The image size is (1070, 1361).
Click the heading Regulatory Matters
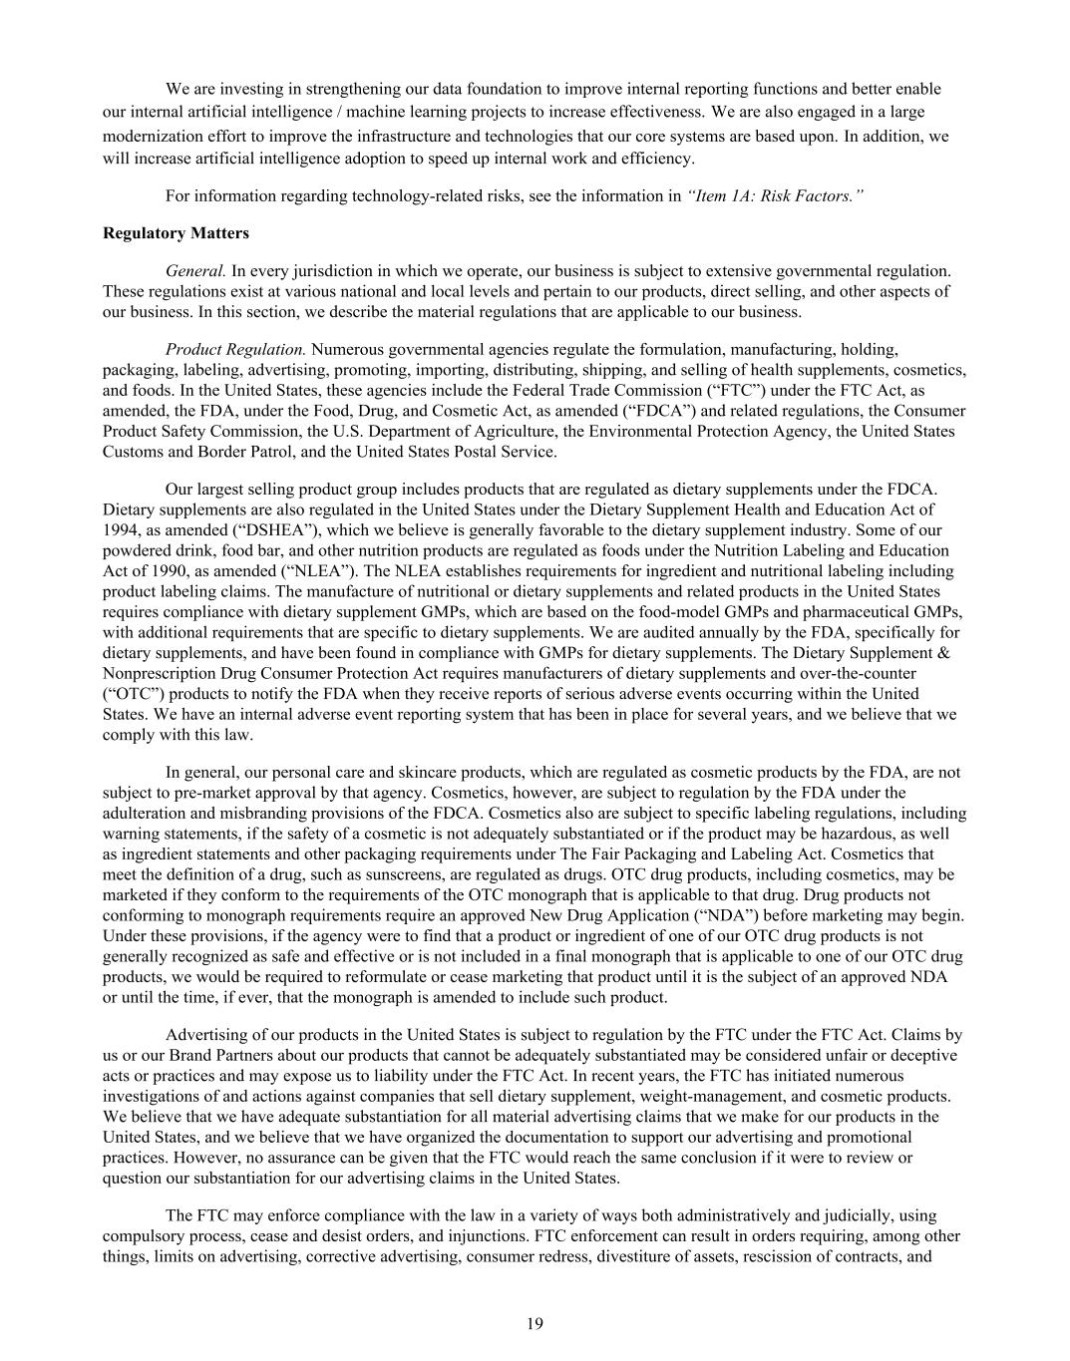pyautogui.click(x=176, y=233)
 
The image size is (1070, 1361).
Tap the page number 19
pyautogui.click(x=535, y=1323)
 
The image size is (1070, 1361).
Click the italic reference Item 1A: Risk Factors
pyautogui.click(x=775, y=195)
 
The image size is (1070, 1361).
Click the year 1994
pyautogui.click(x=120, y=529)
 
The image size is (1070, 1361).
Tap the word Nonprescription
pyautogui.click(x=160, y=673)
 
